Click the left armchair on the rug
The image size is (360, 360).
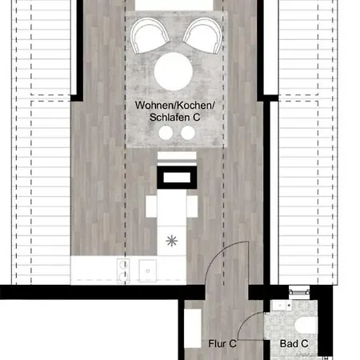[150, 35]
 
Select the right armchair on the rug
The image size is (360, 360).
[202, 35]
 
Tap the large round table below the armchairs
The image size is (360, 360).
[174, 71]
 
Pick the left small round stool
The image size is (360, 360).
[166, 133]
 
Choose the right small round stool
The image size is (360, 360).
[188, 133]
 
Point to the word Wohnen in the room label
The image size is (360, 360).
[154, 105]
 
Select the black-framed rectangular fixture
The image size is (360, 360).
[177, 177]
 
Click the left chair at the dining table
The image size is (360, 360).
[151, 206]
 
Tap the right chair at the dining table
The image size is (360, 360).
[192, 206]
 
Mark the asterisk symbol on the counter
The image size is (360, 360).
[171, 241]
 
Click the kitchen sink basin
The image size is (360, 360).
[147, 270]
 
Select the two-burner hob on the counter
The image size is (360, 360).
[123, 270]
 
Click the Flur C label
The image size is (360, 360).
[222, 344]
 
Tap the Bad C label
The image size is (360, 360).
[294, 344]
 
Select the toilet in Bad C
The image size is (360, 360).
[306, 324]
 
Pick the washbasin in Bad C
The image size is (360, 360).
[282, 306]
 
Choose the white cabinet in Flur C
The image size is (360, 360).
[193, 328]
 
